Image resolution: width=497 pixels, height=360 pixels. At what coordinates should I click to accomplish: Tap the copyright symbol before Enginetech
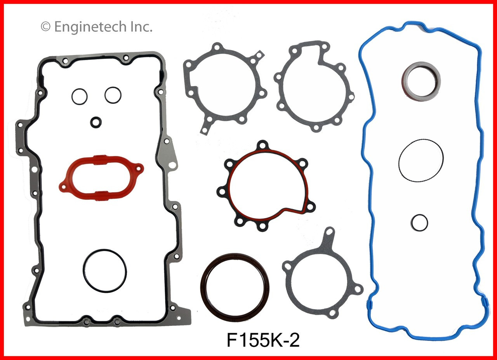tap(45, 27)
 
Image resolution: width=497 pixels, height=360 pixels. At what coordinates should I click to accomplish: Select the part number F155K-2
tap(263, 341)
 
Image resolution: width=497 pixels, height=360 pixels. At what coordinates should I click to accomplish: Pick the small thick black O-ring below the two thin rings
tap(96, 122)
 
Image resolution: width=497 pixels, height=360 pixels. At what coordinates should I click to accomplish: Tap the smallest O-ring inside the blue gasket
tap(419, 222)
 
